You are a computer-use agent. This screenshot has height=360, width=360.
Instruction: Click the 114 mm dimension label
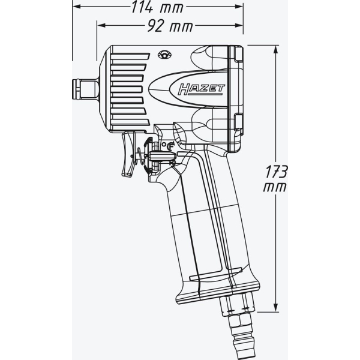pyautogui.click(x=157, y=7)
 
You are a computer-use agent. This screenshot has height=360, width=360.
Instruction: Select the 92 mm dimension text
pyautogui.click(x=170, y=25)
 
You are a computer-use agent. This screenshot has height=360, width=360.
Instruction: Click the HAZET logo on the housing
pyautogui.click(x=202, y=90)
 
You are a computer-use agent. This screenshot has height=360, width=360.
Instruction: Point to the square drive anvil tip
pyautogui.click(x=76, y=89)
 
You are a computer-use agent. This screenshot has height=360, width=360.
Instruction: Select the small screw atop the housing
pyautogui.click(x=164, y=55)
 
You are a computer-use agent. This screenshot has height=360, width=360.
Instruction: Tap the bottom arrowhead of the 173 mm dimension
pyautogui.click(x=276, y=308)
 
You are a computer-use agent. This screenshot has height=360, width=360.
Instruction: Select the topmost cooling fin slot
pyautogui.click(x=130, y=56)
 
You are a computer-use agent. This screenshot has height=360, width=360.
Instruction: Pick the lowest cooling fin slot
pyautogui.click(x=130, y=123)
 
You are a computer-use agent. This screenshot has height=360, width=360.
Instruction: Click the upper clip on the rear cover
pyautogui.click(x=238, y=55)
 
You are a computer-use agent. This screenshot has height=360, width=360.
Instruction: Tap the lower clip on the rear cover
pyautogui.click(x=238, y=121)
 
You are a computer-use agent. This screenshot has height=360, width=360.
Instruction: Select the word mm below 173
pyautogui.click(x=275, y=187)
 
